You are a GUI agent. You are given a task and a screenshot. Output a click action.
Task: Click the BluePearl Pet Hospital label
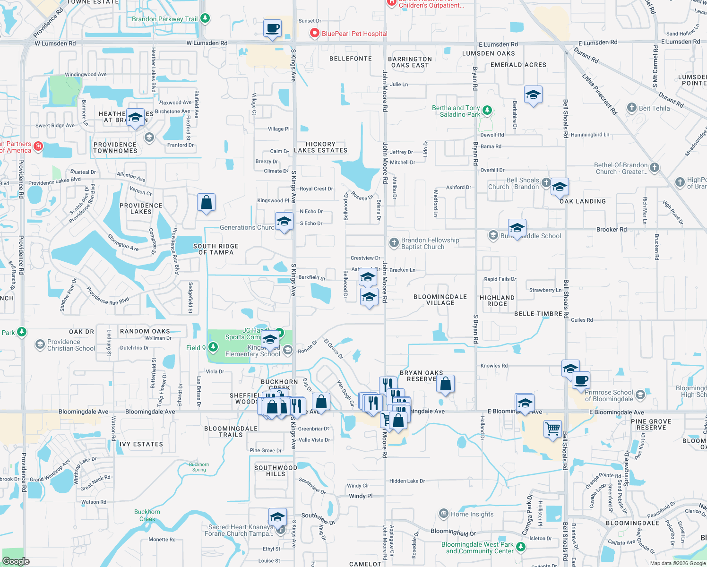(354, 34)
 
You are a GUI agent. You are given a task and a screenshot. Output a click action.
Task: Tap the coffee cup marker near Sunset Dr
(272, 29)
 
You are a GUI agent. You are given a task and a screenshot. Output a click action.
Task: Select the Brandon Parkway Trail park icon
(205, 18)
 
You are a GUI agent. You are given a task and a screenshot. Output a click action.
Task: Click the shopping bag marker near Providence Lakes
(207, 203)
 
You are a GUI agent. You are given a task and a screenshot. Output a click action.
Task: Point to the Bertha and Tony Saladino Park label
(456, 111)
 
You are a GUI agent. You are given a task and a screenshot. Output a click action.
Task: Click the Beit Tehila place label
(654, 108)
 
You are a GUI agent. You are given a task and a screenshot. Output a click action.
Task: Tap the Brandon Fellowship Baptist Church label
(430, 243)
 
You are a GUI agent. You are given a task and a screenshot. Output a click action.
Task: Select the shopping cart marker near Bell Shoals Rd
(552, 429)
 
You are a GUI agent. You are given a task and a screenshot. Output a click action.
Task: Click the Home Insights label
(472, 514)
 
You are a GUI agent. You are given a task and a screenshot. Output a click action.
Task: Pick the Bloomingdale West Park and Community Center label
(477, 548)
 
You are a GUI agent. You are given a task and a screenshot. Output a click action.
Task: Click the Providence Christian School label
(71, 345)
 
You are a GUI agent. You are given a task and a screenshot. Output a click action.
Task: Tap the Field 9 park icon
(213, 348)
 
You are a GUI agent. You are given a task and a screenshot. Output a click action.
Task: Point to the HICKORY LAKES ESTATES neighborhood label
(320, 147)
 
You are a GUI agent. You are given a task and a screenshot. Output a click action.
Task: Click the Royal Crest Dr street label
(316, 189)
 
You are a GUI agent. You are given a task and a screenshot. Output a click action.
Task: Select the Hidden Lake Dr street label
(407, 481)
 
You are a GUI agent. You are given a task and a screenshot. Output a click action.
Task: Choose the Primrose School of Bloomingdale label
(609, 395)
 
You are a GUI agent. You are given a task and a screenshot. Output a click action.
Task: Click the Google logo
(16, 561)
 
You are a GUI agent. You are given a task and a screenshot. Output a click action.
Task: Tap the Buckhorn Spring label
(199, 467)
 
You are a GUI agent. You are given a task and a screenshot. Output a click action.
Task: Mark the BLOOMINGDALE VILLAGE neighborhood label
(440, 300)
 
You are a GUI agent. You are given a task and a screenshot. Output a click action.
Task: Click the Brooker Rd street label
(611, 230)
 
